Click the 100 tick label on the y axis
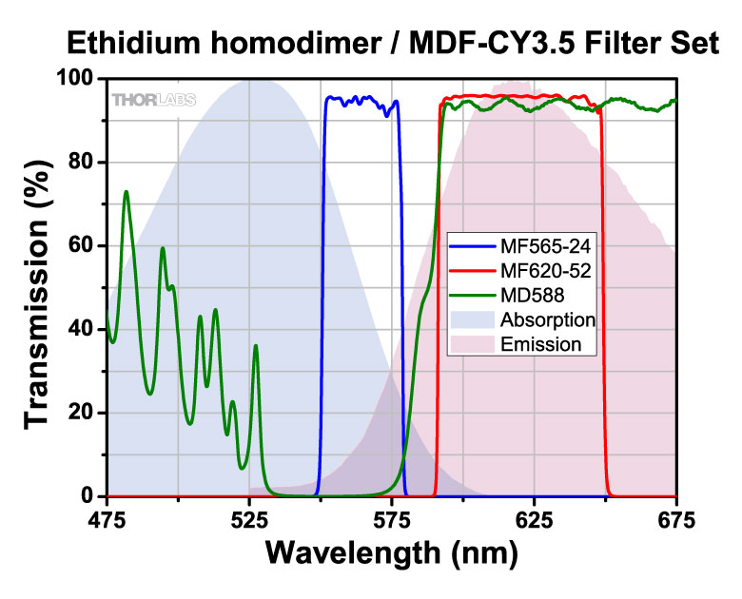point(78,79)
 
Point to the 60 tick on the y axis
point(84,245)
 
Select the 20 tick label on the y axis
point(84,413)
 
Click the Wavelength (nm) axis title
point(391,551)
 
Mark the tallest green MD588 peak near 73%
point(126,192)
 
